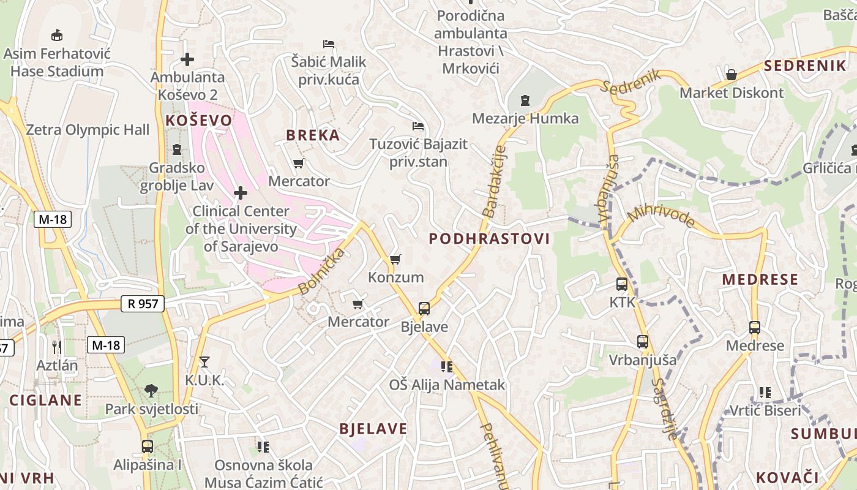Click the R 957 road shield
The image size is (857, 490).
[143, 303]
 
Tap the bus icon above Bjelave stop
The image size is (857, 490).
[424, 309]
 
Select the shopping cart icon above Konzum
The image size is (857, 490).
[395, 260]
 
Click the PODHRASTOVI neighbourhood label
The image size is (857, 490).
[489, 239]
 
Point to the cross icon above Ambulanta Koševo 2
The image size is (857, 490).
[187, 59]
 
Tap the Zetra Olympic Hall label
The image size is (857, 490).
[88, 130]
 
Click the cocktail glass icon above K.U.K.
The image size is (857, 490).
[204, 362]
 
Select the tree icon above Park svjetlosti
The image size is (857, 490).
[151, 390]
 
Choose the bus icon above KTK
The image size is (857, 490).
[622, 284]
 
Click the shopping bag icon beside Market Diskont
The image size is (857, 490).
[731, 75]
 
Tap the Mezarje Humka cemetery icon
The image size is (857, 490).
[525, 100]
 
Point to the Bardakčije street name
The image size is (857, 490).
[494, 181]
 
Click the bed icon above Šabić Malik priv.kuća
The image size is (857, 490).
[329, 44]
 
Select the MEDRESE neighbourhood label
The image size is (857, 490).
[760, 280]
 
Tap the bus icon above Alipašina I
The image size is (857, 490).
[147, 447]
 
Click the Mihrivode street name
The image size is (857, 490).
[661, 216]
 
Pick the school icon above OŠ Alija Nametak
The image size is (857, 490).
[447, 367]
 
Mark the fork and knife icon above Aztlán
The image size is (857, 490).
[57, 347]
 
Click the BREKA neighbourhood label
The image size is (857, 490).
[313, 135]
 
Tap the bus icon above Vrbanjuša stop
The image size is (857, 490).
[642, 342]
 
